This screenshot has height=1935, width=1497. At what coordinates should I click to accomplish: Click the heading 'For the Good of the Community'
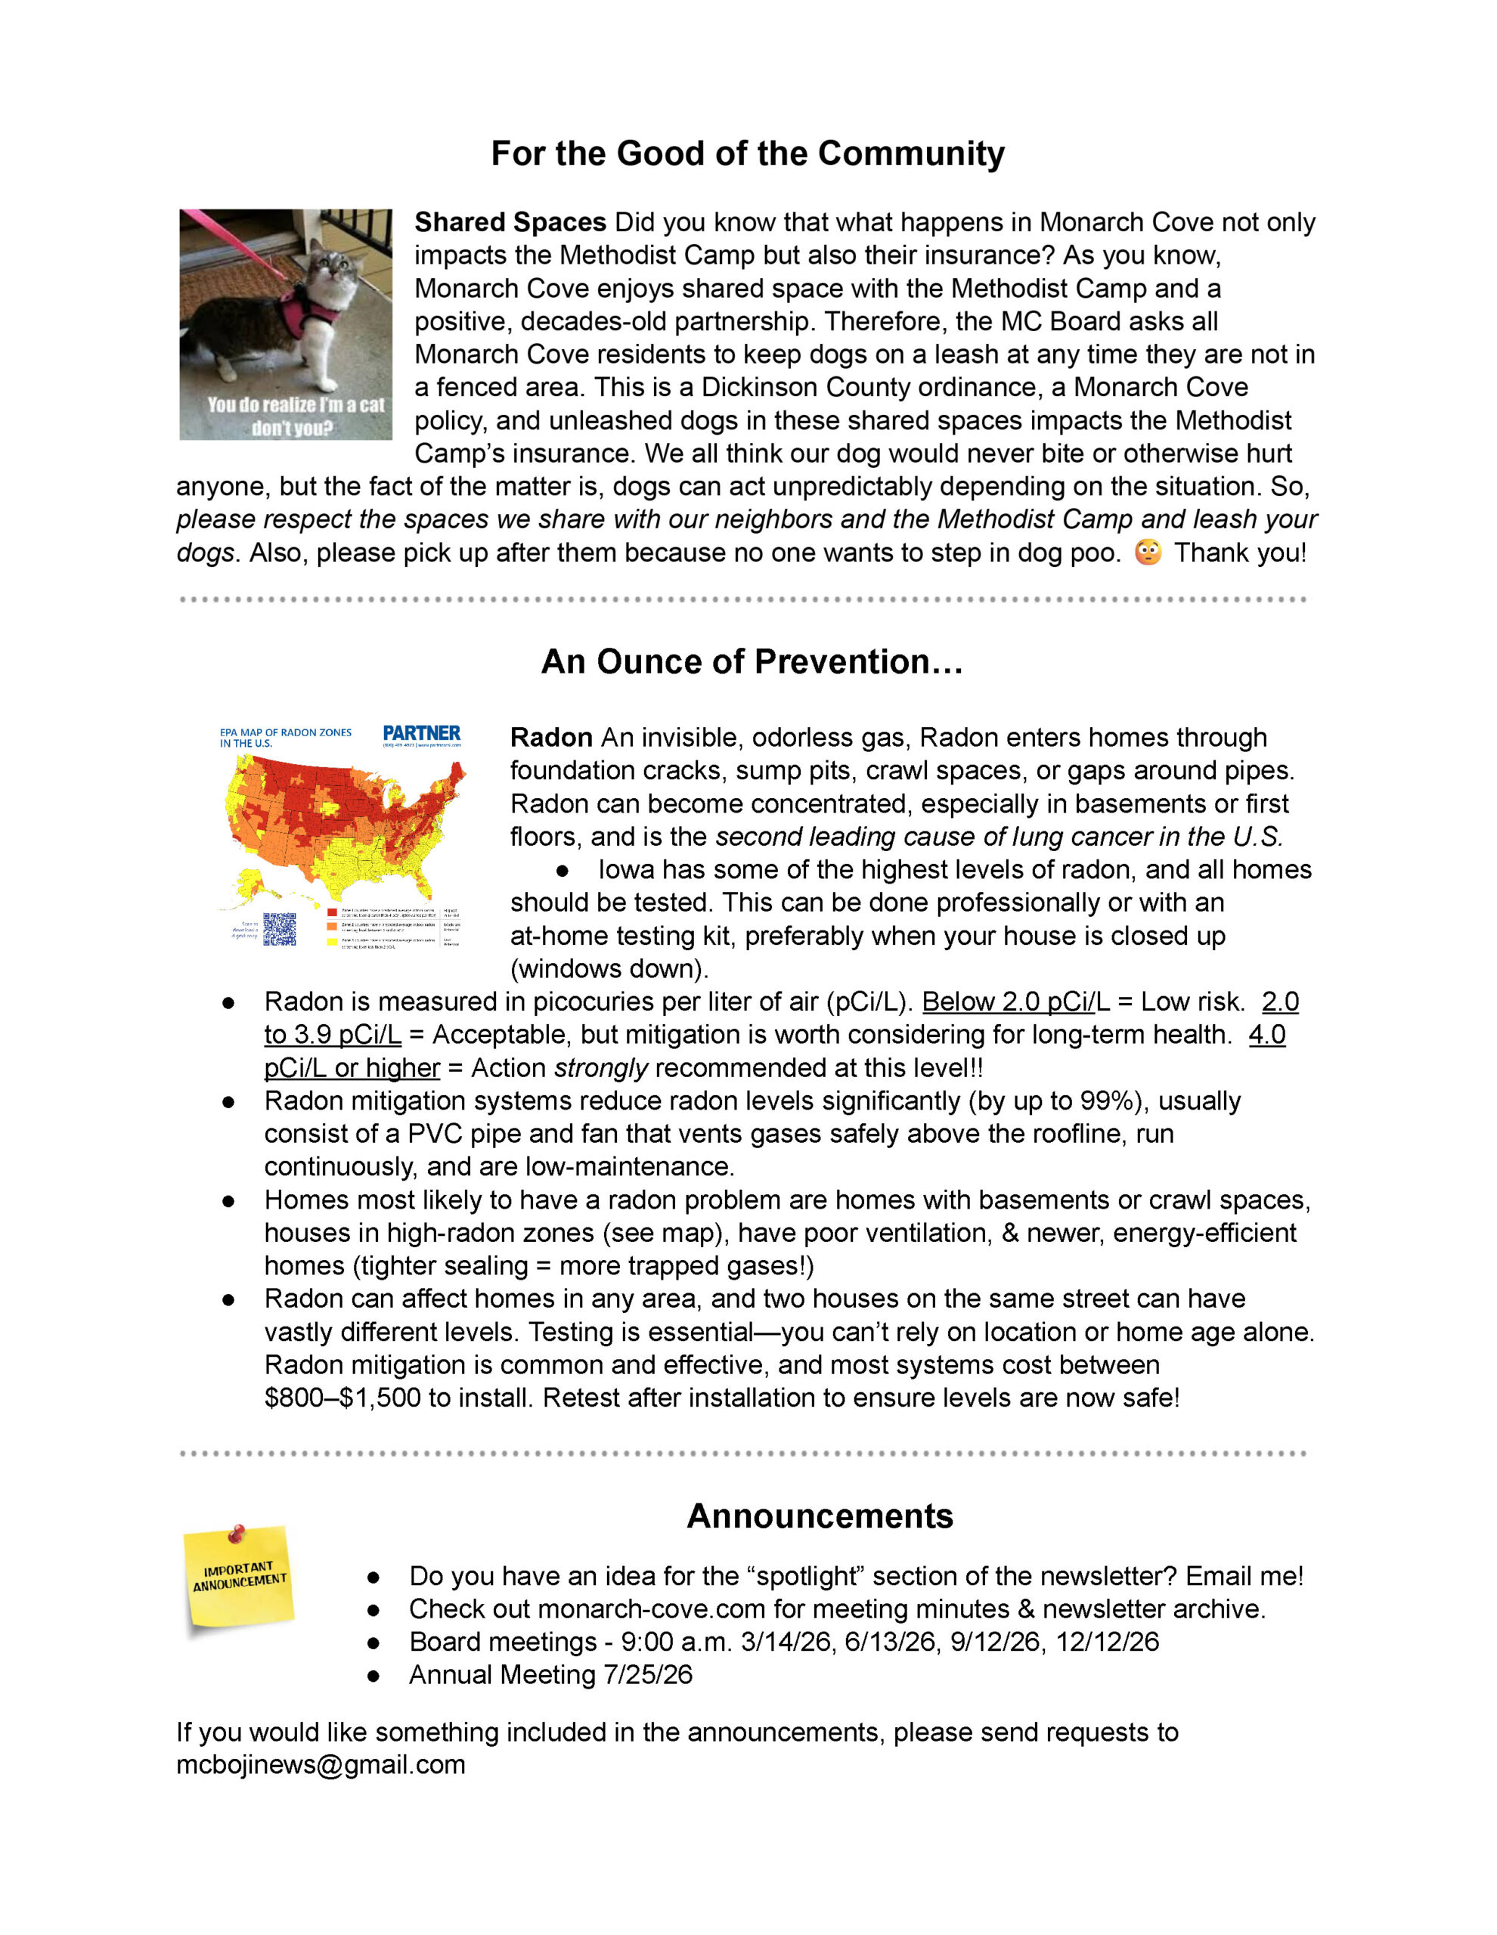pos(747,153)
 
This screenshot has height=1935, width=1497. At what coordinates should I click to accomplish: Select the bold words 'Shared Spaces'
pos(510,222)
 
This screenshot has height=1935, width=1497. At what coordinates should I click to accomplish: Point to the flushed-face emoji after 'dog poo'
pos(1148,552)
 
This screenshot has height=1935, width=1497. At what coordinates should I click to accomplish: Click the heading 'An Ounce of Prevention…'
pos(752,662)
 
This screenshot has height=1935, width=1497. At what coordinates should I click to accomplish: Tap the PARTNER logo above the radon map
pos(421,734)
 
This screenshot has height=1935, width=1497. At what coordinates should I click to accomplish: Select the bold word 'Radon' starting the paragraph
pos(550,738)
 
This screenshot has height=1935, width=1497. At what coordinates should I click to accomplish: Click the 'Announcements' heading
pos(819,1516)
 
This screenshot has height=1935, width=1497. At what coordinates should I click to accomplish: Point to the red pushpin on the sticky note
pos(237,1532)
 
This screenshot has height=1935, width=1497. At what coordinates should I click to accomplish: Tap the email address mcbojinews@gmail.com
pos(320,1765)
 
